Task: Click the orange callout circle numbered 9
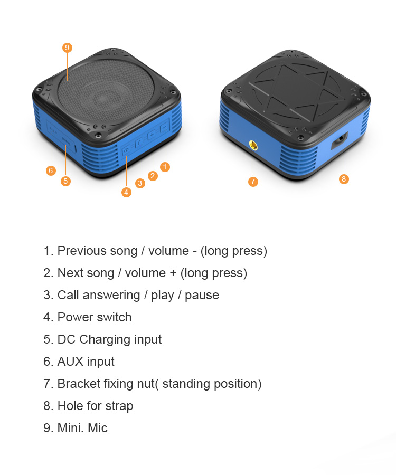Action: pyautogui.click(x=67, y=47)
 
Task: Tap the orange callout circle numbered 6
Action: pyautogui.click(x=51, y=170)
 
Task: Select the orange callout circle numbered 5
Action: pyautogui.click(x=66, y=181)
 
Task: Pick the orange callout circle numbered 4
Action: pyautogui.click(x=126, y=192)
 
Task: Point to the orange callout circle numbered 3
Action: pyautogui.click(x=140, y=183)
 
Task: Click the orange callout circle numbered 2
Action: pyautogui.click(x=153, y=176)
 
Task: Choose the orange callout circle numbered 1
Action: pyautogui.click(x=165, y=167)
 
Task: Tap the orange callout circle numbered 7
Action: pyautogui.click(x=253, y=182)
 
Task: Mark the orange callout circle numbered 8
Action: pyautogui.click(x=344, y=179)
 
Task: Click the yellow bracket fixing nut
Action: pyautogui.click(x=253, y=146)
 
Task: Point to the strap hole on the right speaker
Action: pyautogui.click(x=340, y=140)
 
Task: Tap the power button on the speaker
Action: pyautogui.click(x=126, y=150)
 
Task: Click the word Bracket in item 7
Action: pyautogui.click(x=79, y=384)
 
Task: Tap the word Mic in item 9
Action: pyautogui.click(x=98, y=427)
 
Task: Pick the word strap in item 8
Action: pyautogui.click(x=119, y=406)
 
